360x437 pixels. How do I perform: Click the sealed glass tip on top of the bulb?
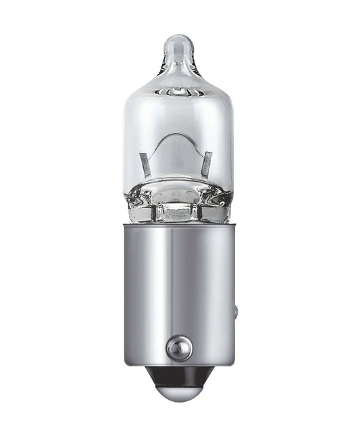[178, 46]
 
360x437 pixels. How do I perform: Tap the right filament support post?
[207, 163]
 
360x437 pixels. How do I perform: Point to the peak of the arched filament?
[177, 136]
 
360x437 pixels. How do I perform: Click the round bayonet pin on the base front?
[179, 348]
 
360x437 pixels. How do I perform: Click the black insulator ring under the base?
[179, 374]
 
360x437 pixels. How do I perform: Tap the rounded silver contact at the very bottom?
[179, 390]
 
